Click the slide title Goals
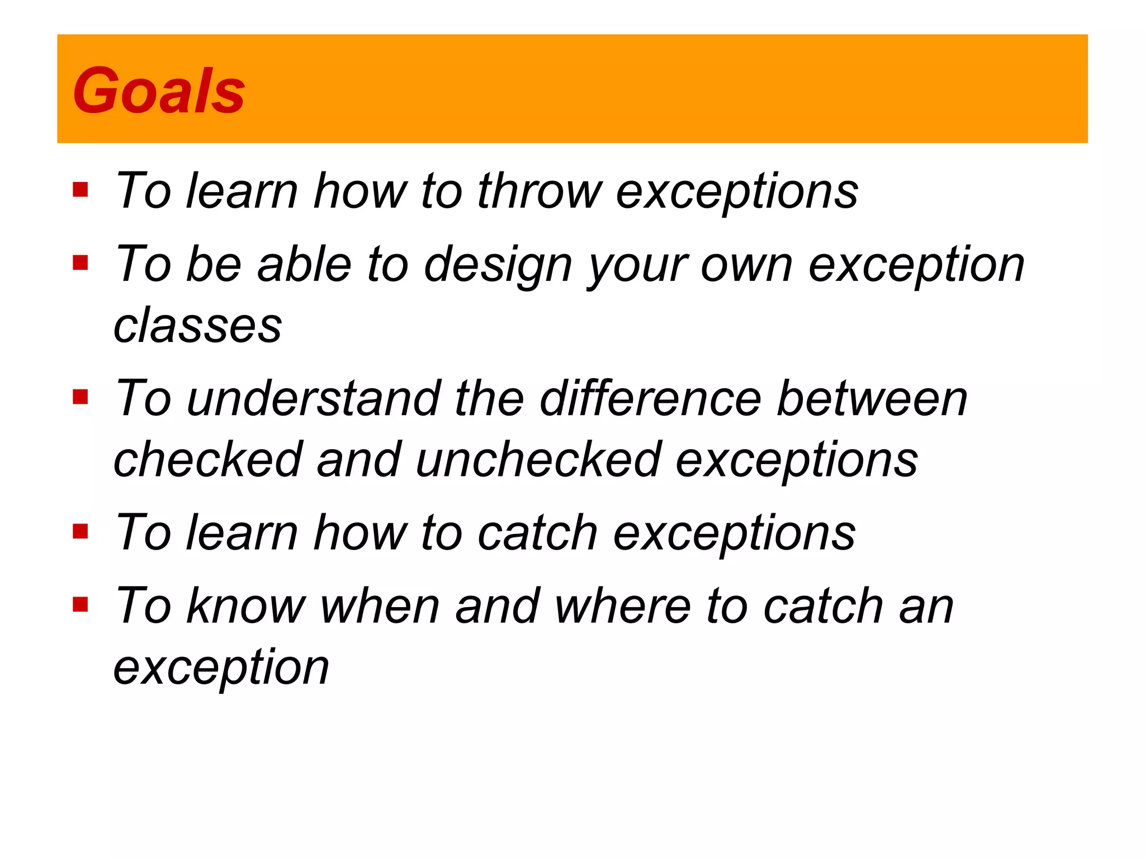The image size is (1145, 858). point(159,91)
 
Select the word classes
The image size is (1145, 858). point(197,326)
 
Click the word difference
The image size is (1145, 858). point(650,398)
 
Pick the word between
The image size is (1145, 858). point(872,398)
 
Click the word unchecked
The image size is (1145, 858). point(539,460)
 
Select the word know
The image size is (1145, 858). point(246,606)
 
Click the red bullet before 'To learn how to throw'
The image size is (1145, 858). point(81,190)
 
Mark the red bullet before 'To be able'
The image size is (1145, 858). point(81,263)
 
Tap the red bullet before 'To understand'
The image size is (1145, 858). point(81,397)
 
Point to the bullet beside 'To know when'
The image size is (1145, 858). point(81,604)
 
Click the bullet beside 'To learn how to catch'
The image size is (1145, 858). point(81,531)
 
